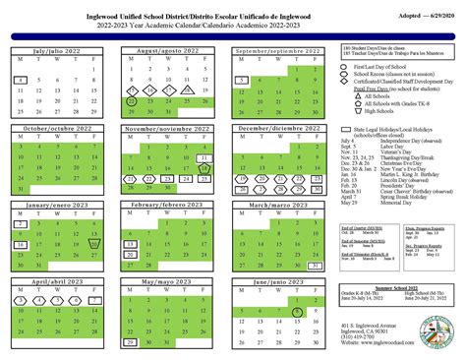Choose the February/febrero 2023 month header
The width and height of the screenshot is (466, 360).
coord(172,205)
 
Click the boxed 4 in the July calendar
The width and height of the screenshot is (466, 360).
coord(21,80)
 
